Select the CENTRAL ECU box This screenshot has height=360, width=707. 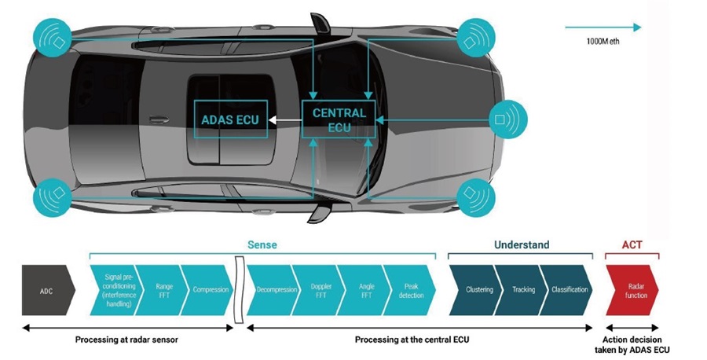pos(339,119)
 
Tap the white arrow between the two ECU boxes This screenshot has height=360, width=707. pos(284,119)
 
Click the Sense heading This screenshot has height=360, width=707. pos(262,245)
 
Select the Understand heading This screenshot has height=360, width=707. pos(521,245)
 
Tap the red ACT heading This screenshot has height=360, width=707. pos(632,245)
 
